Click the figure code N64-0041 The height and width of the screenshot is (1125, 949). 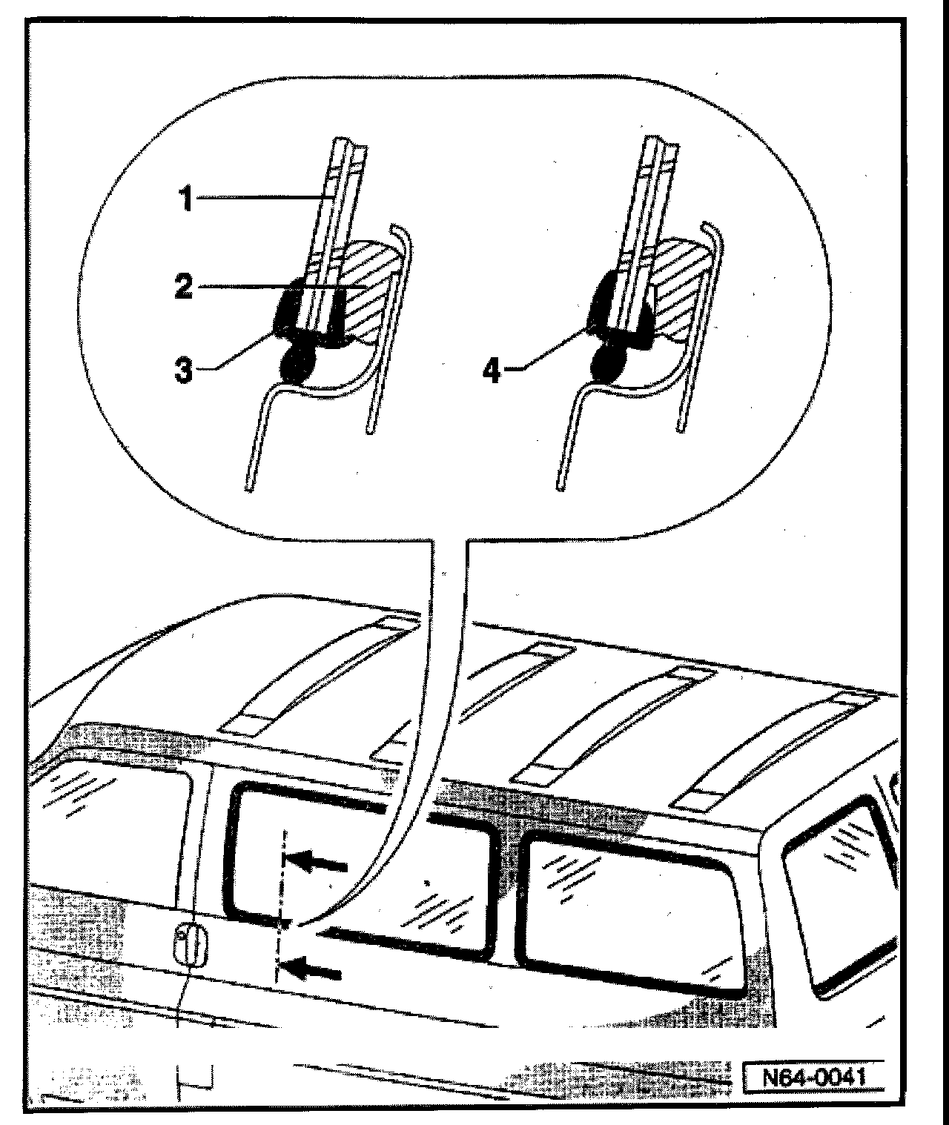click(813, 1075)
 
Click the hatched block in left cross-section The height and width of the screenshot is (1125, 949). click(367, 289)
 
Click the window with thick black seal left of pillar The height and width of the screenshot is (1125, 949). click(356, 867)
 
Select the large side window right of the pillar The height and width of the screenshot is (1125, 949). click(630, 912)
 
